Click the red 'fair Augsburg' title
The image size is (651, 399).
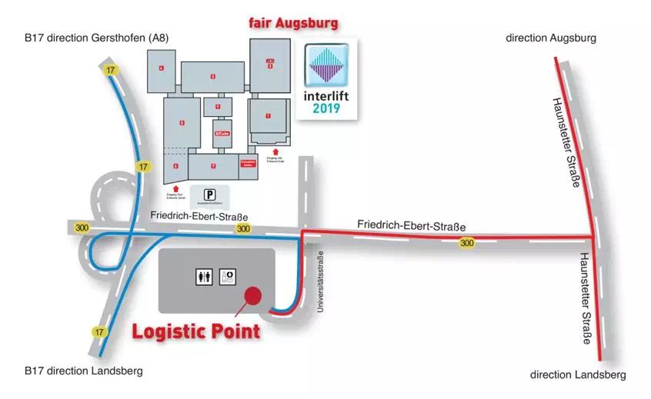tap(292, 24)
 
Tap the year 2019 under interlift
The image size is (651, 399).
tap(326, 108)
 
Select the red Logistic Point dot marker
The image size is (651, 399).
tap(252, 295)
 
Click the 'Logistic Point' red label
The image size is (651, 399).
tap(195, 331)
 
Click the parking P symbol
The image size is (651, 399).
tap(209, 195)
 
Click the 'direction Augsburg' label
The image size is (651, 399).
tap(550, 38)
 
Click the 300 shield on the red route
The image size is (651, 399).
tap(466, 243)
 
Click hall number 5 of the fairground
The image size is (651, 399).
tap(182, 123)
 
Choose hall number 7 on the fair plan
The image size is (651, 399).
tap(213, 166)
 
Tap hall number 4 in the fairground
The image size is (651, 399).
tap(162, 68)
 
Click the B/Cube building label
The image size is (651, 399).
tap(222, 133)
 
